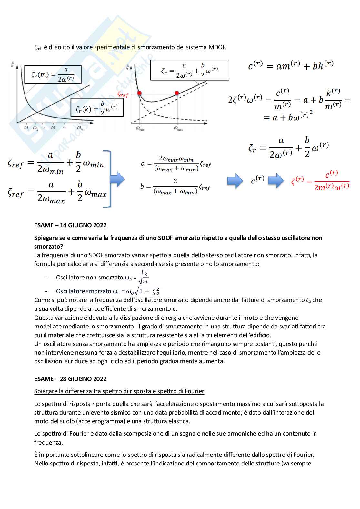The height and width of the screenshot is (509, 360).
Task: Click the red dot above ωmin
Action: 139,93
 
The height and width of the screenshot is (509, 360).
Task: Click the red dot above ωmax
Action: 177,93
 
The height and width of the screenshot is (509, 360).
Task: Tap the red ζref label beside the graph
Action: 123,94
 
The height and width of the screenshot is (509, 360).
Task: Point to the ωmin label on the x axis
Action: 140,129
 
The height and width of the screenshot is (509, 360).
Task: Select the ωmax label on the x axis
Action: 178,128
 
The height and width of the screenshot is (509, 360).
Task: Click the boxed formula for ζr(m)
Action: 53,74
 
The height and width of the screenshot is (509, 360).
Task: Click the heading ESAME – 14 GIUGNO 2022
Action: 70,225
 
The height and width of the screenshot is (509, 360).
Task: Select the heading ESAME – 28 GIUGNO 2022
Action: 70,379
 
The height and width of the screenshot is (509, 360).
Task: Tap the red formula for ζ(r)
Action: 320,181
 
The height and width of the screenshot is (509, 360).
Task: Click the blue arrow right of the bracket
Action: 117,179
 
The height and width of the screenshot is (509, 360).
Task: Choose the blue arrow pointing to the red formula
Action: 276,181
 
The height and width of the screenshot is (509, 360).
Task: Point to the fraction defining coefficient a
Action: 176,164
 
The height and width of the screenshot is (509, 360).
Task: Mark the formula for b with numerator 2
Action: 175,186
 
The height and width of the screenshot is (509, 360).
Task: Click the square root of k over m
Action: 143,278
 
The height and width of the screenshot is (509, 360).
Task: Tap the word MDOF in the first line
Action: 217,47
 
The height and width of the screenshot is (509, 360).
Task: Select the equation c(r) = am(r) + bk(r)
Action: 291,65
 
